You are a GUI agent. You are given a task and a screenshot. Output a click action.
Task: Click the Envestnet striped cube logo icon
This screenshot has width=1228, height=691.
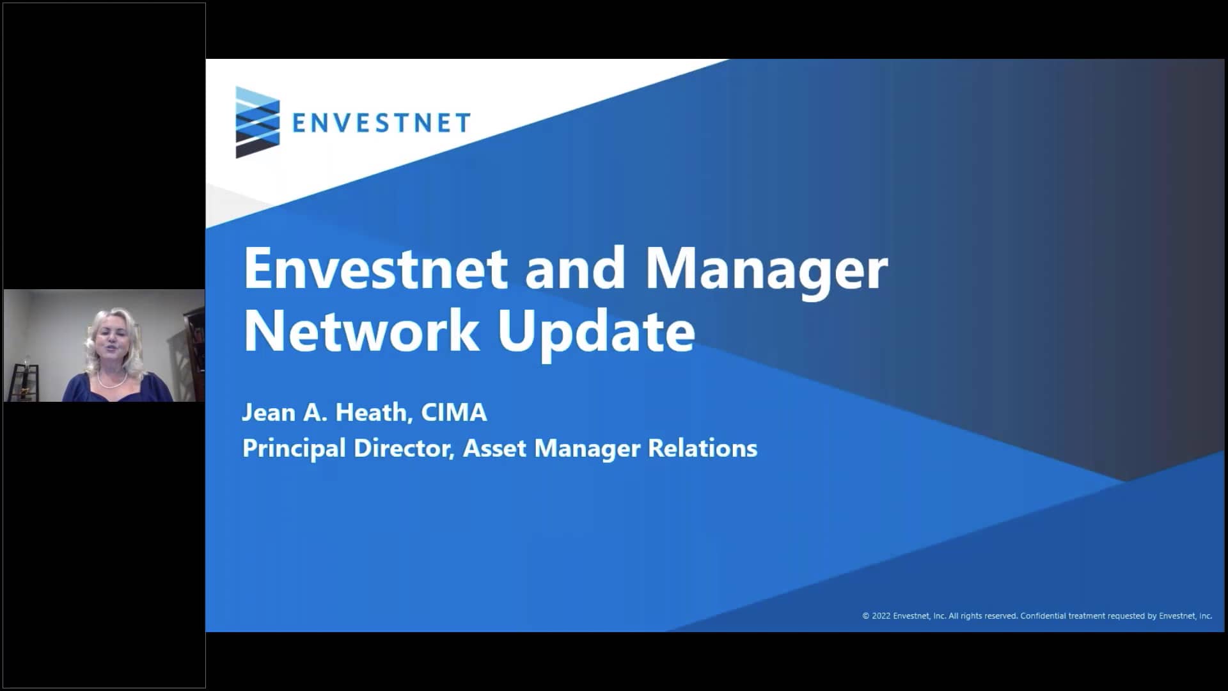pyautogui.click(x=257, y=122)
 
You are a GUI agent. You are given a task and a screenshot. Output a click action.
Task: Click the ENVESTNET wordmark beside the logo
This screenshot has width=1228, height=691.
pyautogui.click(x=381, y=122)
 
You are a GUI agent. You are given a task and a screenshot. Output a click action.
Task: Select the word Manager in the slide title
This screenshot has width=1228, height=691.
pyautogui.click(x=766, y=269)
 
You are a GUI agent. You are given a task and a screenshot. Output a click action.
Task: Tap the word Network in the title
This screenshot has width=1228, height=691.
pyautogui.click(x=360, y=331)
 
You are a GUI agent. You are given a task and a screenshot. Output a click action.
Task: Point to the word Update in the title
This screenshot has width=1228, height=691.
pyautogui.click(x=596, y=331)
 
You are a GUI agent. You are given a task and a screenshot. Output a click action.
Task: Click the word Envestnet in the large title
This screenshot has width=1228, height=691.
pyautogui.click(x=375, y=269)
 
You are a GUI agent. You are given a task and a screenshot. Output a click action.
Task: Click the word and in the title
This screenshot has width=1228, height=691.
pyautogui.click(x=575, y=269)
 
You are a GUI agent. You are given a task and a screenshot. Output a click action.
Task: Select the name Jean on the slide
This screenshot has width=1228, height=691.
pyautogui.click(x=269, y=413)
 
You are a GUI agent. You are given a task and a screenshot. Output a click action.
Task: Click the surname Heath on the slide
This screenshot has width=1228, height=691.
pyautogui.click(x=372, y=413)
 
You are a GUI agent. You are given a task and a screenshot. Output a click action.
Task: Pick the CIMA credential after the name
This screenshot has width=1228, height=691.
pyautogui.click(x=454, y=413)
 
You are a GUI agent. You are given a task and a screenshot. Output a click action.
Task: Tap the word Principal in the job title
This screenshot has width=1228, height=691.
pyautogui.click(x=294, y=449)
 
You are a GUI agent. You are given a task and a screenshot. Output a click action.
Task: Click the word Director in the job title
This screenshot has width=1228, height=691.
pyautogui.click(x=404, y=449)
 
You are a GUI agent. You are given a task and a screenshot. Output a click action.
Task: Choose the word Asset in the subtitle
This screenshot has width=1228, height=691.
pyautogui.click(x=494, y=449)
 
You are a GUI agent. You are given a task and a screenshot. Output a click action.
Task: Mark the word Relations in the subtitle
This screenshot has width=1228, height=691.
pyautogui.click(x=702, y=449)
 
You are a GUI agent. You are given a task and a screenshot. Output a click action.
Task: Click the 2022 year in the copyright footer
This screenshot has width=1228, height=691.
pyautogui.click(x=881, y=616)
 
